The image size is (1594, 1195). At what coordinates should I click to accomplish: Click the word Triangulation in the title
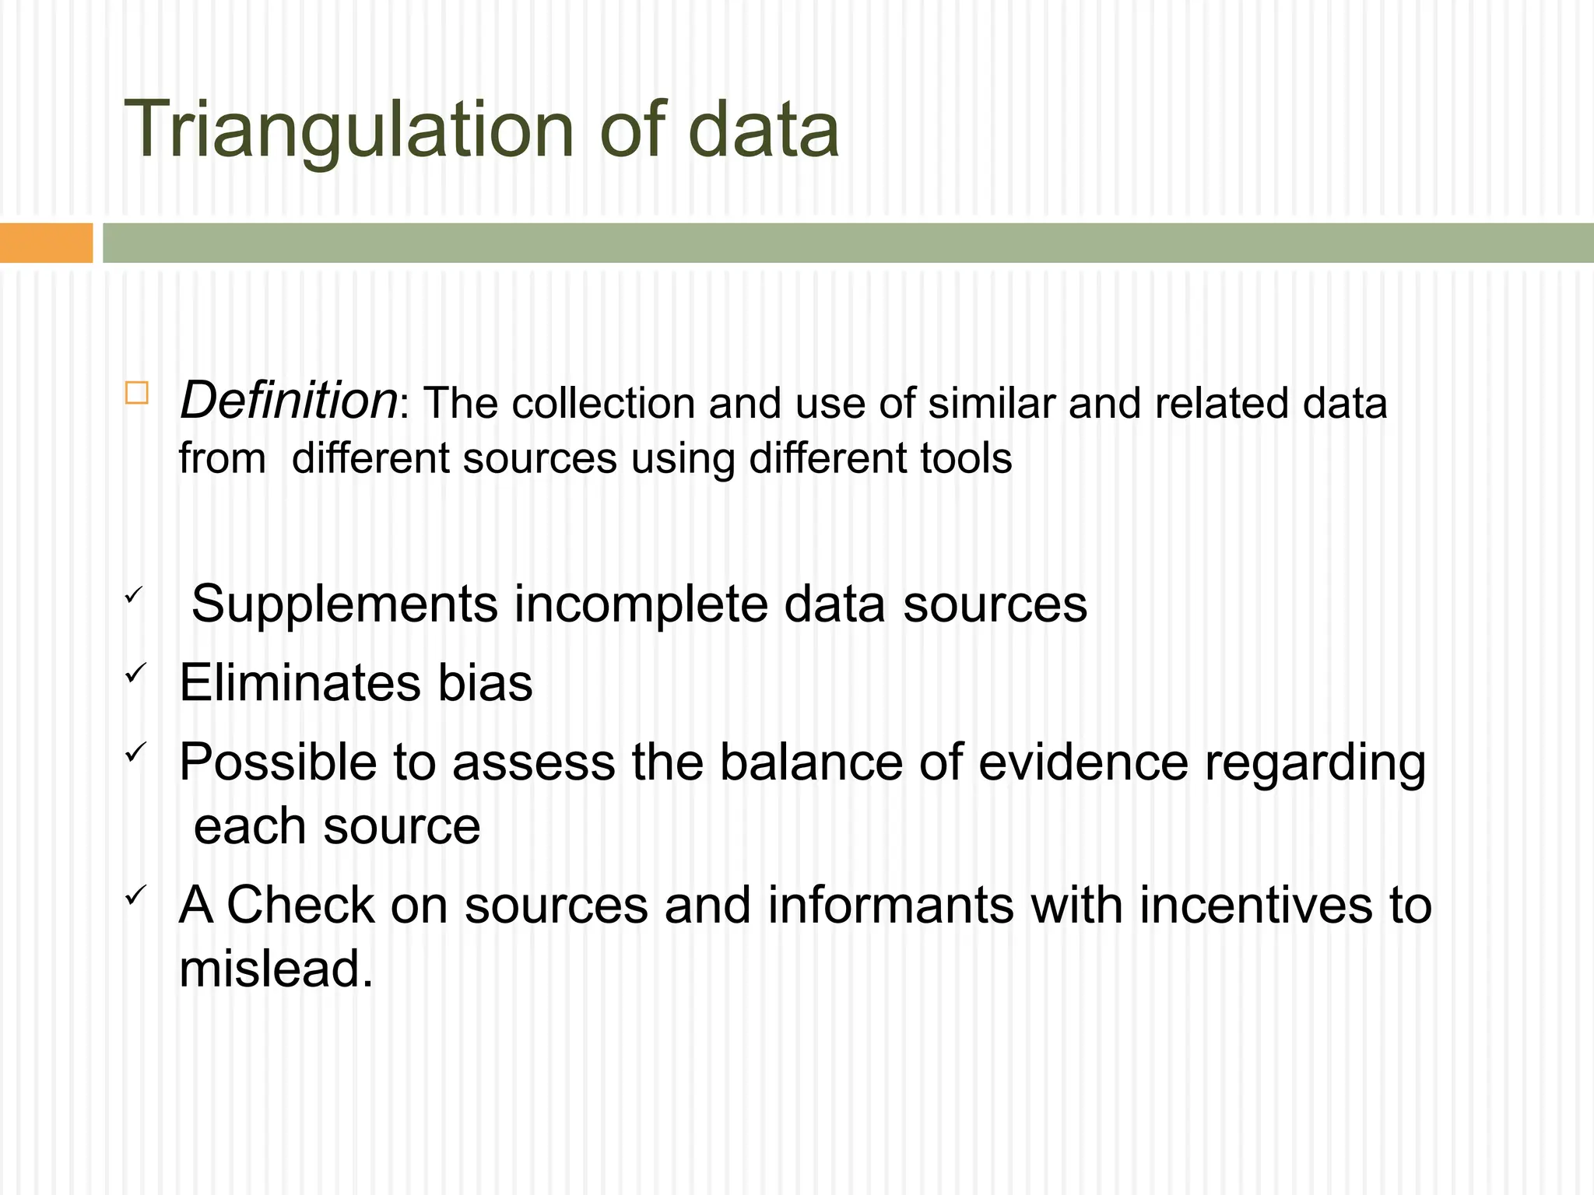349,130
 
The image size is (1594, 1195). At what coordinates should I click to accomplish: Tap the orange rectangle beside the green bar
46,243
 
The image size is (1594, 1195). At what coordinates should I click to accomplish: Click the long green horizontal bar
848,243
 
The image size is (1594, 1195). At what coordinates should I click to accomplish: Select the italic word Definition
289,401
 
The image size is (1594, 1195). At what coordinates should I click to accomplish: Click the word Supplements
344,605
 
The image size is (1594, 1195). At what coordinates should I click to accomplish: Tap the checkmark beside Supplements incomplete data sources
133,595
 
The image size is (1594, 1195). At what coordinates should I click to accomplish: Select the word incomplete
640,605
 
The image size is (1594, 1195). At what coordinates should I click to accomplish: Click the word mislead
276,969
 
